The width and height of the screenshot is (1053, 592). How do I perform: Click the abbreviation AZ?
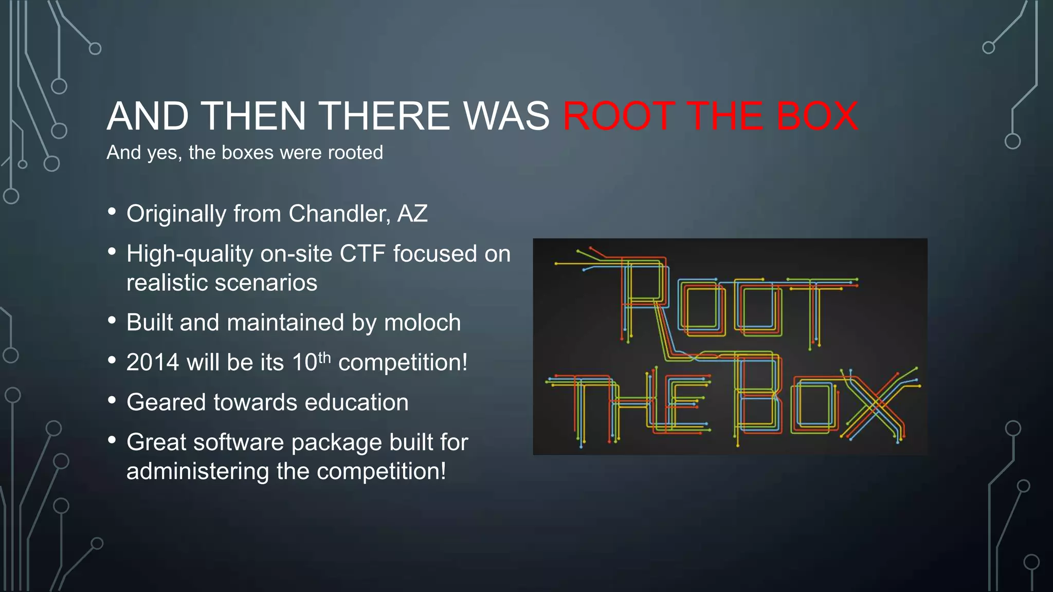tap(412, 213)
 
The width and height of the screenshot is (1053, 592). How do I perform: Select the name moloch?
tap(422, 323)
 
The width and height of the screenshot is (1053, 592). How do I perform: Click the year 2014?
tap(153, 362)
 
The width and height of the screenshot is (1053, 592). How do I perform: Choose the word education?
tap(356, 402)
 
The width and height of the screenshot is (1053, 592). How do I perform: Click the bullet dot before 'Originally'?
tap(112, 212)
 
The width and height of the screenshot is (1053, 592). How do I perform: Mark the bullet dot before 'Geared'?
tap(112, 400)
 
